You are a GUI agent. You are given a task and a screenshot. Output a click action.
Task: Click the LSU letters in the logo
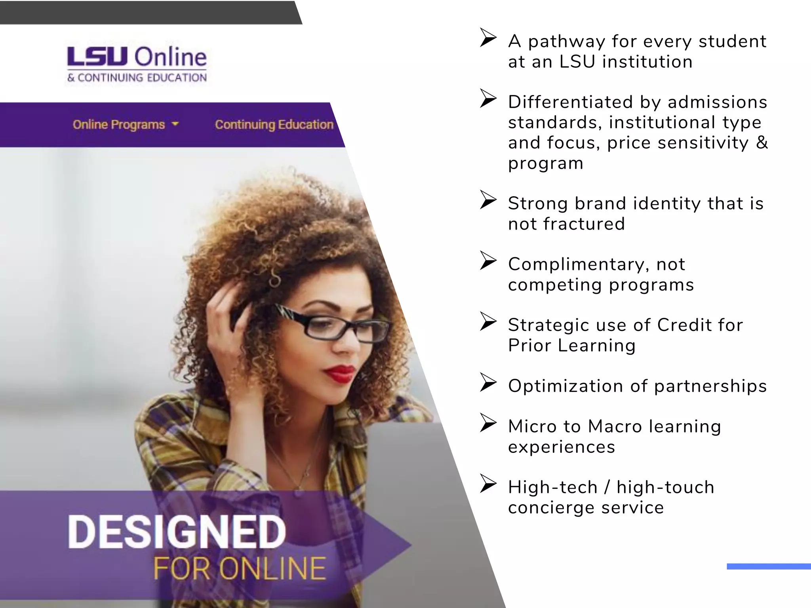click(x=97, y=57)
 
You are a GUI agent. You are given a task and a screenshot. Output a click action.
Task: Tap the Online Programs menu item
click(x=118, y=125)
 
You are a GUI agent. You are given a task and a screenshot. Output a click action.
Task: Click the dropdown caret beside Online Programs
click(x=175, y=124)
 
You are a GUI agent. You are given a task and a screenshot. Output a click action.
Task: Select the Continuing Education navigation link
click(x=274, y=125)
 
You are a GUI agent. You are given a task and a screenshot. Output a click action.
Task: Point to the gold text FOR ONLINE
click(x=240, y=568)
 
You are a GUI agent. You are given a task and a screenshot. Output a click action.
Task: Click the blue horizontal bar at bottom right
click(x=768, y=566)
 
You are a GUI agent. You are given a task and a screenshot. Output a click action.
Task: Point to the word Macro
click(x=615, y=427)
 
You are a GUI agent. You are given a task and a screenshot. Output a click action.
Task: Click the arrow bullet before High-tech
click(x=488, y=483)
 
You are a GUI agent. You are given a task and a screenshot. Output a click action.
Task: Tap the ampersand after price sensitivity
click(x=762, y=142)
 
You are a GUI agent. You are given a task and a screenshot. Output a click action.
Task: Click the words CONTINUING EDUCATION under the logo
click(x=142, y=78)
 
